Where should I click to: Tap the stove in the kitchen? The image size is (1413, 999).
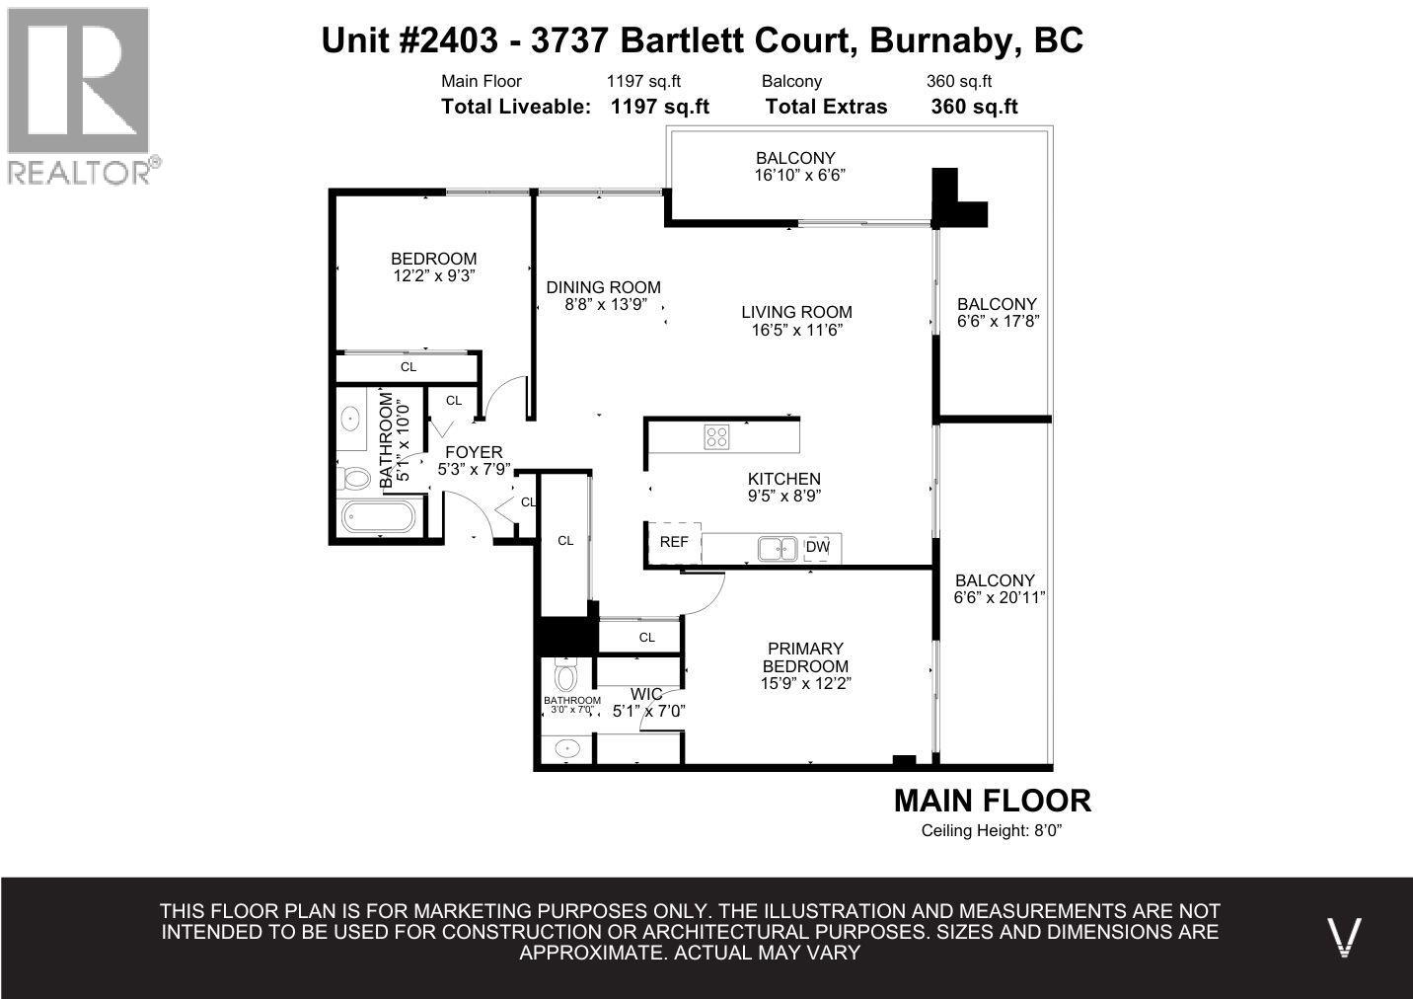(717, 436)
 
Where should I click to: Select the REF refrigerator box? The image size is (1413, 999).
(674, 542)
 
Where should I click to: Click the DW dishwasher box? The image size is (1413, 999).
(817, 547)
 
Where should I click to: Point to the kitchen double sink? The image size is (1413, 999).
(779, 547)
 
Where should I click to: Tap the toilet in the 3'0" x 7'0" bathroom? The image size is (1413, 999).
(565, 677)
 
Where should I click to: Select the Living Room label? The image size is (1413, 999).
(796, 313)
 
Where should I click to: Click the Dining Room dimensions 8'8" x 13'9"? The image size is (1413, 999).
(604, 305)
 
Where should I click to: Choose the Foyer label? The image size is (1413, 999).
(474, 452)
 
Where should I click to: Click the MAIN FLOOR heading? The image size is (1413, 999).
(992, 801)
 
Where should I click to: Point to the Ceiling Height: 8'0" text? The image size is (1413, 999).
(992, 831)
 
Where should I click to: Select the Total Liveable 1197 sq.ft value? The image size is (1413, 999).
(660, 107)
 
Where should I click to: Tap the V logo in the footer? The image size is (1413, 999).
(1344, 936)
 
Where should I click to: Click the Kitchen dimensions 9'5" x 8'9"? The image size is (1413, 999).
(784, 497)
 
